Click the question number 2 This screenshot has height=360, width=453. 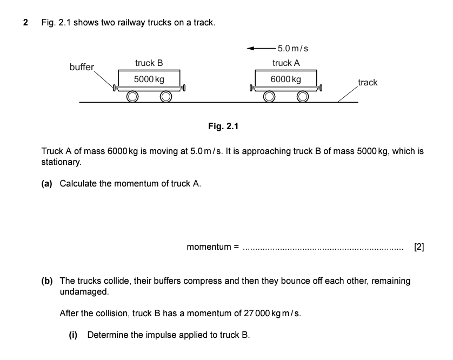tap(25, 23)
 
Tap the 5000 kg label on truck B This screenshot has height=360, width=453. tap(149, 79)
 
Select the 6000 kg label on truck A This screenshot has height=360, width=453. tap(286, 79)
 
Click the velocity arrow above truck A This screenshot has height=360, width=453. tap(261, 49)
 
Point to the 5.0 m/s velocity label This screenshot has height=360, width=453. tap(292, 49)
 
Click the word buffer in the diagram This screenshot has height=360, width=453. tap(82, 68)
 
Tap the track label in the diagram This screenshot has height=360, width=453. tap(368, 83)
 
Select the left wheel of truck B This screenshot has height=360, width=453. tap(132, 97)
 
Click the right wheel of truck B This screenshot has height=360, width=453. tap(165, 97)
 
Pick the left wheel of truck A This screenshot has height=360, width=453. tap(269, 97)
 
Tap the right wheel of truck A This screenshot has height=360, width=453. tap(302, 97)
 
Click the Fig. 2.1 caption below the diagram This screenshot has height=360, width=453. tap(223, 126)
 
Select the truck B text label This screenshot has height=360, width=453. tap(149, 63)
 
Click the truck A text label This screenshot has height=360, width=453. tap(286, 63)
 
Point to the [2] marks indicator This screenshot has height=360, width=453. tap(418, 248)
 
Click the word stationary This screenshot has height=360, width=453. tap(61, 162)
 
